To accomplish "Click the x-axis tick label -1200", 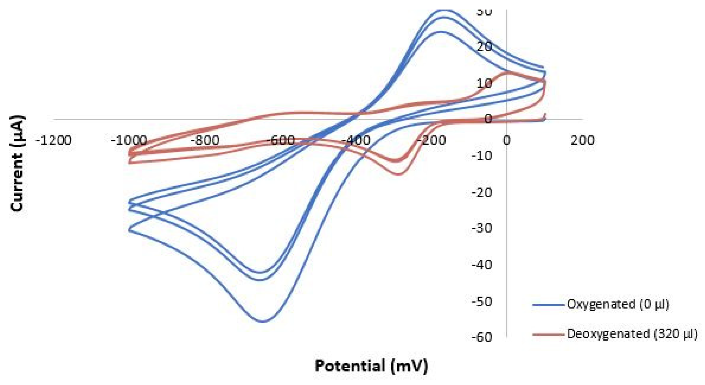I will pyautogui.click(x=54, y=140).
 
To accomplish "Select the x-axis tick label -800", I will pyautogui.click(x=205, y=140).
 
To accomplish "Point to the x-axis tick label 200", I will pyautogui.click(x=582, y=140).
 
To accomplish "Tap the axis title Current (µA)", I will pyautogui.click(x=18, y=164).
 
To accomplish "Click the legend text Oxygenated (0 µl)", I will pyautogui.click(x=618, y=304).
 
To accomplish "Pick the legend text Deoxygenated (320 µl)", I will pyautogui.click(x=632, y=334).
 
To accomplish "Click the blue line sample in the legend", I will pyautogui.click(x=548, y=304).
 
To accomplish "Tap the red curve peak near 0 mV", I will pyautogui.click(x=509, y=72).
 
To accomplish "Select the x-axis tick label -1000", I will pyautogui.click(x=129, y=140).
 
